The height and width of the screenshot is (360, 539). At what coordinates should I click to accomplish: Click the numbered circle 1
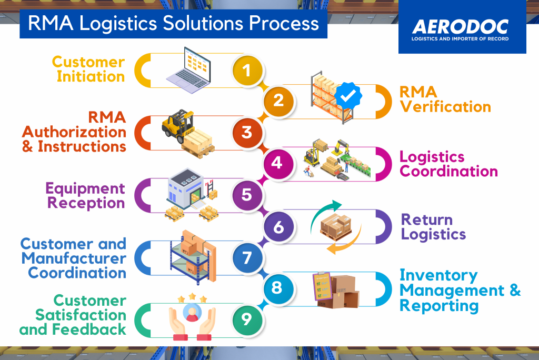tap(247, 69)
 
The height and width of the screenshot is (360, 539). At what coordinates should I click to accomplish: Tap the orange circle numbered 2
tap(278, 100)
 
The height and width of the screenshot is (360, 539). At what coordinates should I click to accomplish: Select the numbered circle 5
tap(247, 194)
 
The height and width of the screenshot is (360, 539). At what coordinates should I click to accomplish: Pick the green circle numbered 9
tap(247, 319)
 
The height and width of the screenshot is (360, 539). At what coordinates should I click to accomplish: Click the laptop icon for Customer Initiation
tap(192, 67)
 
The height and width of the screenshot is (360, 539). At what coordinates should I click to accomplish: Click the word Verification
tap(445, 107)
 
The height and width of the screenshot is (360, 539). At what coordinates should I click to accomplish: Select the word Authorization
tap(74, 131)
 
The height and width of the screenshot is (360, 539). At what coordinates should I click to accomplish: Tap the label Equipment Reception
tap(85, 195)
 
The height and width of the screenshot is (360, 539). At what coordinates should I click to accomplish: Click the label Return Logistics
tap(433, 226)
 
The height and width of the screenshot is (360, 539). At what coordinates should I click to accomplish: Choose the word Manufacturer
tap(74, 258)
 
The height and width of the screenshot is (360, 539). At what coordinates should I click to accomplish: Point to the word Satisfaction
tap(81, 315)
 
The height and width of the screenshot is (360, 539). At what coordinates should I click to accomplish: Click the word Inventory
tap(431, 275)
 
